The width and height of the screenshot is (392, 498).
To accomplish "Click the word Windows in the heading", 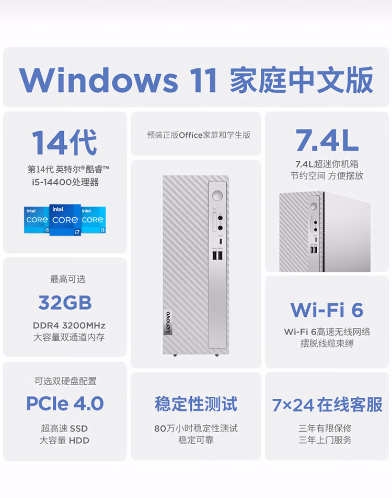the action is [x=98, y=80].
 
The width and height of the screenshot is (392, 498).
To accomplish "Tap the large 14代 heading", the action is [x=64, y=143].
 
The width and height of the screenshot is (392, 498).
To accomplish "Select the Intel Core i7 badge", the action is [x=65, y=220].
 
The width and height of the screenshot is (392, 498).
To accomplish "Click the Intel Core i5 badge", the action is [x=37, y=220].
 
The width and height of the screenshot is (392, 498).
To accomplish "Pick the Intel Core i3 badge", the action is [x=94, y=220].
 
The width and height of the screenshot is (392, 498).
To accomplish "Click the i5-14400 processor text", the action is [x=65, y=182].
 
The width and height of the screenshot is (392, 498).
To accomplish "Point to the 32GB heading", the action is [x=65, y=303].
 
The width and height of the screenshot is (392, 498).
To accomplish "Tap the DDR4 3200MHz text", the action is [x=69, y=326].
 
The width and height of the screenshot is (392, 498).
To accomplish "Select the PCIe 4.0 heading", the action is [x=65, y=404].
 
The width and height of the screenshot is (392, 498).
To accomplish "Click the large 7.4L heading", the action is [x=327, y=140].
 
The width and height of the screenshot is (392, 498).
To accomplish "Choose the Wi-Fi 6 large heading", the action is [x=327, y=310].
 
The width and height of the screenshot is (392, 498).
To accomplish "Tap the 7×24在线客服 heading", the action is [x=327, y=405].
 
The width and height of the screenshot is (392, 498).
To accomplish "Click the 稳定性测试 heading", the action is [x=196, y=404].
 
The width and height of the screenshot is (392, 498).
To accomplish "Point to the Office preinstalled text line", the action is [x=199, y=135].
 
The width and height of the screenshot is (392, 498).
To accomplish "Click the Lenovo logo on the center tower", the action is [x=168, y=323].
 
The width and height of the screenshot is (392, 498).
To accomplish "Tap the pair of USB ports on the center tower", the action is [x=218, y=255].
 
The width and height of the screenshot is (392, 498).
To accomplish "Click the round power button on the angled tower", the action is [x=314, y=207].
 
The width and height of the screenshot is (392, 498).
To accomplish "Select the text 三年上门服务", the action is [x=325, y=440].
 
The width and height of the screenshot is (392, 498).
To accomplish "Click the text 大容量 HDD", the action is [x=64, y=441].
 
